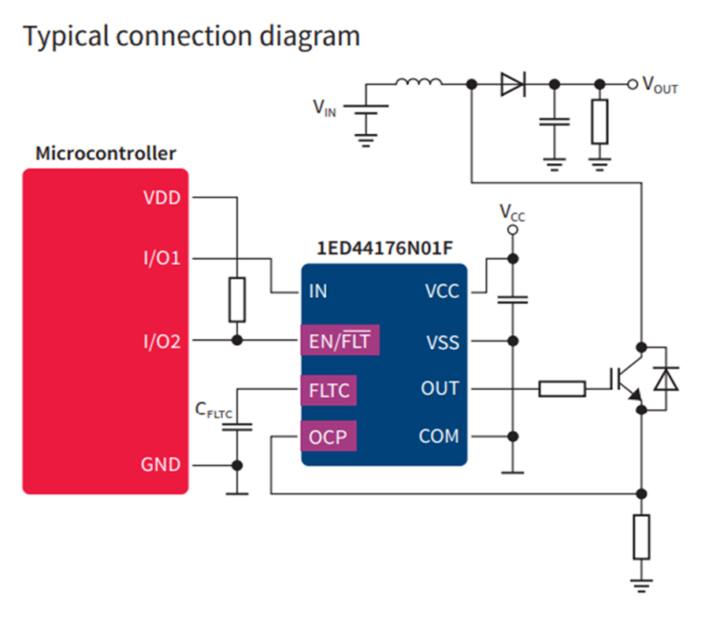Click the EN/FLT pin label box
tap(340, 342)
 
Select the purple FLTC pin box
tap(329, 389)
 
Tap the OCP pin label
tap(329, 436)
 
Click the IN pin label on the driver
tap(317, 292)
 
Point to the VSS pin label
tap(442, 342)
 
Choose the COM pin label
tap(439, 436)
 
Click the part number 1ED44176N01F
tap(384, 247)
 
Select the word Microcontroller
tap(106, 153)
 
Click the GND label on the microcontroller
tap(161, 465)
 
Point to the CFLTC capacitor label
tap(213, 410)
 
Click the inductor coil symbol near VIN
tap(418, 80)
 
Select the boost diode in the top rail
tap(512, 84)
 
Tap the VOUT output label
tap(660, 85)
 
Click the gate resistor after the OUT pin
tap(562, 388)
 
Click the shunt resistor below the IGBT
tap(642, 537)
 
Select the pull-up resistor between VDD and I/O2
tap(237, 299)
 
